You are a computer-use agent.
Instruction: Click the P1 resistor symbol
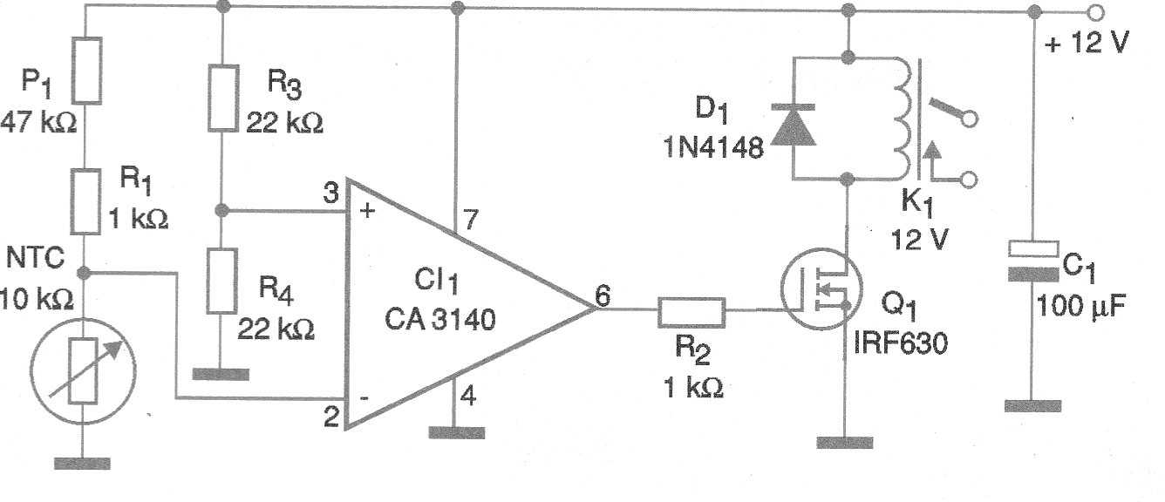point(87,69)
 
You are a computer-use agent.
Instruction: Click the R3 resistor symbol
point(223,97)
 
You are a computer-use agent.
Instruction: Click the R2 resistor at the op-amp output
point(691,310)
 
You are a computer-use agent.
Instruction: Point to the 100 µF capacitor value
point(1081,307)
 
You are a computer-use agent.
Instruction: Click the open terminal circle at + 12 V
point(1097,13)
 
